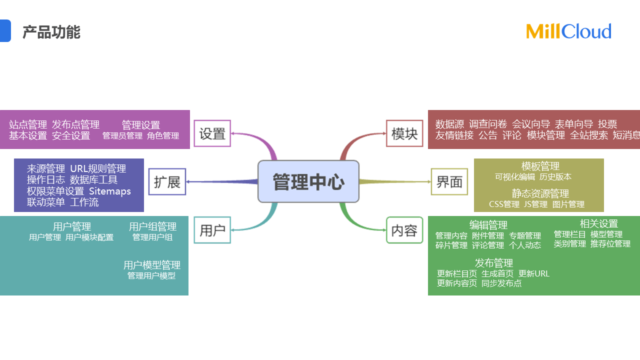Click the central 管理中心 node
(x=308, y=181)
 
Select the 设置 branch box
(x=212, y=133)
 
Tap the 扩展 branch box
(x=167, y=182)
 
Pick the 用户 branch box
(x=212, y=230)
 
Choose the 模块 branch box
(x=404, y=133)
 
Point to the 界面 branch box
(x=449, y=182)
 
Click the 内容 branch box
(x=404, y=230)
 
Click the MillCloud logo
(x=568, y=31)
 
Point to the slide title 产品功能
(x=51, y=32)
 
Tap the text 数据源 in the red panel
(x=449, y=124)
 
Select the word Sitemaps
(x=110, y=191)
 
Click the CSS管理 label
(x=504, y=204)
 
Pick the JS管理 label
(x=535, y=204)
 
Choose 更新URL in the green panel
(x=534, y=273)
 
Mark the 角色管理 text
(x=163, y=135)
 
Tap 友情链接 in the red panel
(x=454, y=135)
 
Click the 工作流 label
(x=84, y=202)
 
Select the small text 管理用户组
(x=152, y=237)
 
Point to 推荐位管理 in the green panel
(x=610, y=244)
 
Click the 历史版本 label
(x=555, y=176)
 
